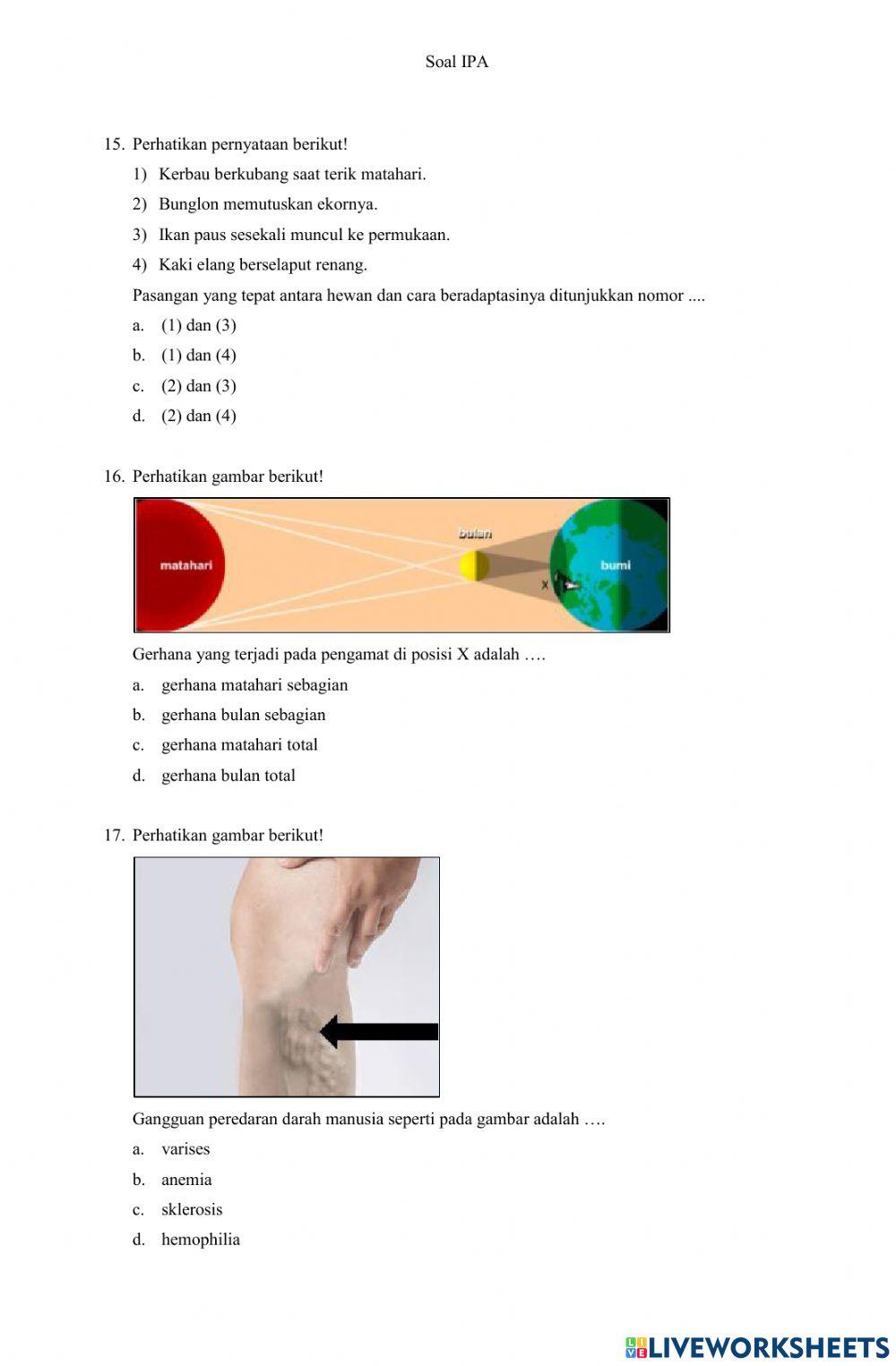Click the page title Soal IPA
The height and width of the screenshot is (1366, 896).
tap(456, 62)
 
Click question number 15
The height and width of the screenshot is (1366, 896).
tap(114, 144)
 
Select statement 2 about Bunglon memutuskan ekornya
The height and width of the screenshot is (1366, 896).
tap(268, 204)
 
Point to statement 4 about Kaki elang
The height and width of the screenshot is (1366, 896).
tap(263, 264)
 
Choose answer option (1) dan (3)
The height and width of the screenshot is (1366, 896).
tap(198, 325)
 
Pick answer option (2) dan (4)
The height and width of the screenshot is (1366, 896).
tap(198, 416)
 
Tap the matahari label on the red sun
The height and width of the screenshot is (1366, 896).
tap(186, 565)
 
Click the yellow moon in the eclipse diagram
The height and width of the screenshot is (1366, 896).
tap(474, 566)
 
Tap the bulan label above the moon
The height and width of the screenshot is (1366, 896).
tap(475, 534)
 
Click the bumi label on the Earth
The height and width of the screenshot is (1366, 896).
tap(616, 565)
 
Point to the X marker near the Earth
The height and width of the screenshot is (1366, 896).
tap(545, 585)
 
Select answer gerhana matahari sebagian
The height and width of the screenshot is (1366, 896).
tap(254, 685)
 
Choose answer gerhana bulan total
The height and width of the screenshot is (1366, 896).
tap(228, 776)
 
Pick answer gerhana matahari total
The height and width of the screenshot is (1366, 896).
tap(239, 745)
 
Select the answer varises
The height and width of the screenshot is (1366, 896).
tap(185, 1149)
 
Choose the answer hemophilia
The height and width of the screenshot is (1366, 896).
tap(201, 1240)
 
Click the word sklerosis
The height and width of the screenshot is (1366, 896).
tap(192, 1209)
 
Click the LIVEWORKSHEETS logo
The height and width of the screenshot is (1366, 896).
tap(757, 1347)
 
